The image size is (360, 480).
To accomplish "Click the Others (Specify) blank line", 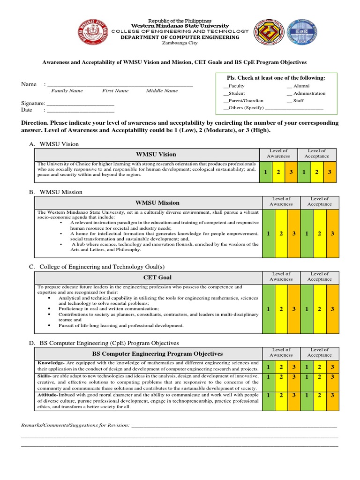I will [x=294, y=108].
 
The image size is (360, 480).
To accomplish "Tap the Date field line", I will [x=80, y=111].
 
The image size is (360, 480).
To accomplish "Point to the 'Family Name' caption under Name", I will [x=67, y=91].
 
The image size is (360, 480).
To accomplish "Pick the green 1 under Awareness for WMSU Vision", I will [x=265, y=172].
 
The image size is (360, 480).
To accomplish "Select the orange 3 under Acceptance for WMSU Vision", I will [x=330, y=172].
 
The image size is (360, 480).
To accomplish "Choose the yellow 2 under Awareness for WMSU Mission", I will [x=281, y=233].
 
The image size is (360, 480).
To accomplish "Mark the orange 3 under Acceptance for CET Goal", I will [x=332, y=309].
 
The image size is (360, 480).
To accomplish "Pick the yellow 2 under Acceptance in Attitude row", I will [x=319, y=395].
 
